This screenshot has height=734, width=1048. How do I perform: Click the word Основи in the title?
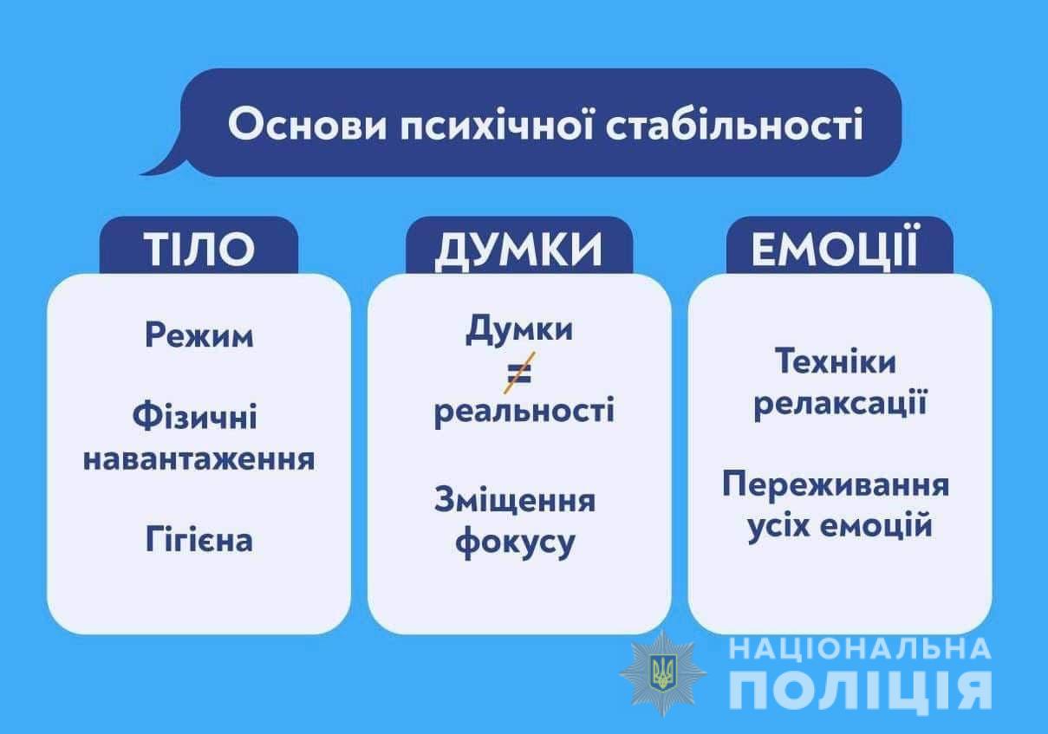[308, 125]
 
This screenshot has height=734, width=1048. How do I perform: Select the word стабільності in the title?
[734, 124]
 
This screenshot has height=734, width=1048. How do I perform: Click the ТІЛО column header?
[199, 249]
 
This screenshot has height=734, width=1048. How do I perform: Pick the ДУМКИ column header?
[519, 250]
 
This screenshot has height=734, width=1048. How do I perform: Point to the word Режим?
[199, 335]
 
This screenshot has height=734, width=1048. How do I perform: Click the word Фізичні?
[195, 415]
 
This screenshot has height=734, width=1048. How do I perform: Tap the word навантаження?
[199, 459]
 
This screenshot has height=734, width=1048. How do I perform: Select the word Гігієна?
[199, 539]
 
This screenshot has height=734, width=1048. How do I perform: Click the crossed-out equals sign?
[519, 373]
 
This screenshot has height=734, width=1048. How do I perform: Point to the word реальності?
[524, 412]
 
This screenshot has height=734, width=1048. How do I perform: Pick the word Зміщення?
[515, 501]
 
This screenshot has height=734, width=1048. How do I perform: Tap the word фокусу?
[515, 542]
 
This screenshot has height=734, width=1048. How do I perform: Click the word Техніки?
[836, 361]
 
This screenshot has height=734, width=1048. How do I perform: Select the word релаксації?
[840, 403]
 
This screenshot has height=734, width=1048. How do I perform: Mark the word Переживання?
[836, 484]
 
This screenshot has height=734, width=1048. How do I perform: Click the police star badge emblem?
[663, 673]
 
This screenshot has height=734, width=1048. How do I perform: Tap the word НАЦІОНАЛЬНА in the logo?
[861, 649]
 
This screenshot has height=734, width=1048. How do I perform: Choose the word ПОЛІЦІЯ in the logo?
[861, 691]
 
